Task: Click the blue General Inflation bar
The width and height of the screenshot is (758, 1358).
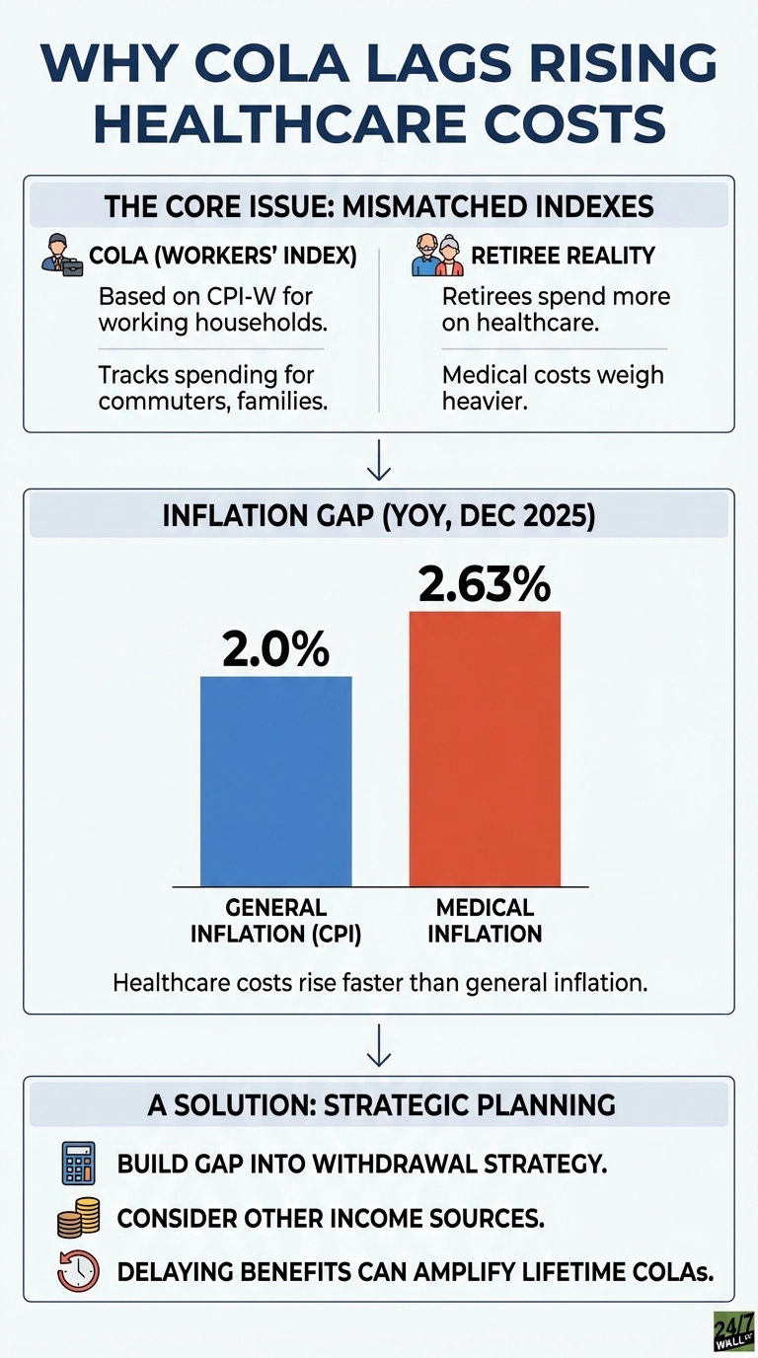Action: tap(275, 781)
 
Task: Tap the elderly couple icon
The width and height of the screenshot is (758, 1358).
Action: tap(436, 254)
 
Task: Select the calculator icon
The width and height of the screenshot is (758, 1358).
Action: tap(78, 1163)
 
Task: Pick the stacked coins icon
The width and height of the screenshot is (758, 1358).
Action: tap(78, 1218)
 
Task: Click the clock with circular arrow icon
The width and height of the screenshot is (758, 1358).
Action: tap(78, 1271)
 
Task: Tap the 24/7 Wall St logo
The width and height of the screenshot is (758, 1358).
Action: tap(732, 1331)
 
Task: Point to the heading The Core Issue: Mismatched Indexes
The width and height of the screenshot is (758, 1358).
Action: tap(379, 208)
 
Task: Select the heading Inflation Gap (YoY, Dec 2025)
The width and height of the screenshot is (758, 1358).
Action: tap(379, 517)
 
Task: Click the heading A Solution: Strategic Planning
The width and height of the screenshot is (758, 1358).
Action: tap(379, 1104)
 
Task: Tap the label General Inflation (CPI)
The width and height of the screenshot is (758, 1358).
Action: tap(276, 919)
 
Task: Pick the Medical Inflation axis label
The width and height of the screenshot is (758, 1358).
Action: tap(485, 919)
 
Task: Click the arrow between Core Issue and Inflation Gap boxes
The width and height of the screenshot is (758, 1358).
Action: tap(379, 460)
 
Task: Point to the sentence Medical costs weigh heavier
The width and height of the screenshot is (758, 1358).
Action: tap(553, 387)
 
